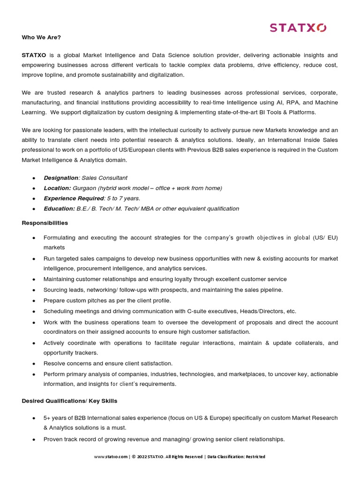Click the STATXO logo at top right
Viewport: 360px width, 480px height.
pos(298,28)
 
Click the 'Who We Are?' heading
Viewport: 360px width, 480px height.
pos(41,37)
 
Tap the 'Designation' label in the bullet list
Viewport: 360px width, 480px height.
pos(60,178)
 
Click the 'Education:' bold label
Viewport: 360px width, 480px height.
pos(59,209)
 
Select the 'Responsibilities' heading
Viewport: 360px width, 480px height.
pos(45,223)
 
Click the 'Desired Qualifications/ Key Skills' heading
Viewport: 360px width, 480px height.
pos(69,401)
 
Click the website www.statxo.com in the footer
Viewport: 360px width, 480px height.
pos(111,457)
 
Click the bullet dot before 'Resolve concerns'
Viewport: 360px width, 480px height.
pos(34,364)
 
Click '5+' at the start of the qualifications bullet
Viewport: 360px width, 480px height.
pos(47,418)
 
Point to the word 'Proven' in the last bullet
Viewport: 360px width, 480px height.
pos(53,439)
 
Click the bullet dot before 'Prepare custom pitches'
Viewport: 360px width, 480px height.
pos(34,301)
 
